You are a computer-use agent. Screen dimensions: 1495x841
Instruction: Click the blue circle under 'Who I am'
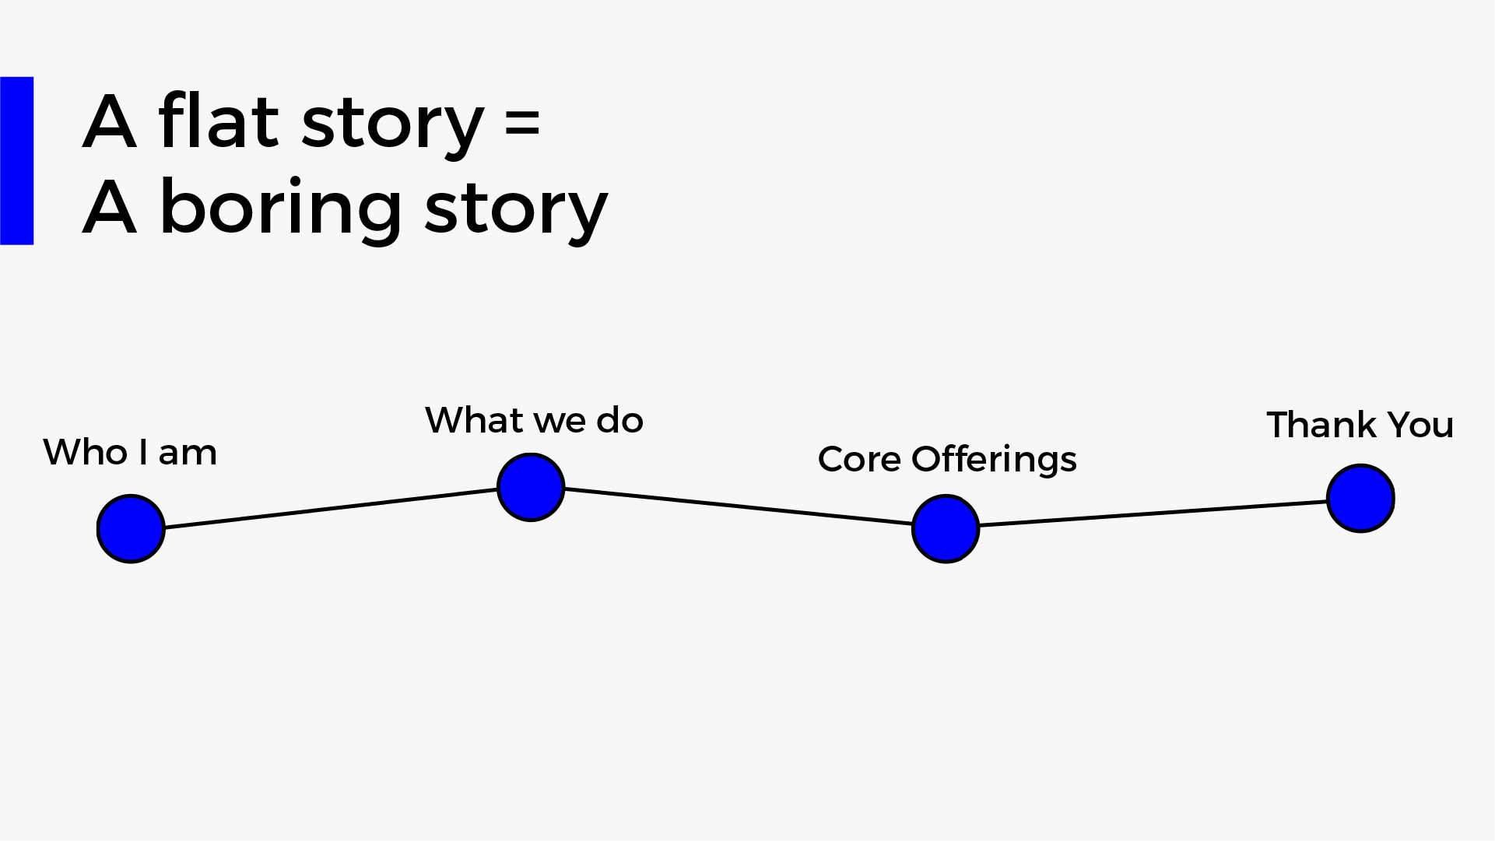pos(131,529)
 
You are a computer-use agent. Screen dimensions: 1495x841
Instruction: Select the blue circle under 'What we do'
pos(531,488)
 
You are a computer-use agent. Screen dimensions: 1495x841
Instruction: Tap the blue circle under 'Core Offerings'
pos(946,529)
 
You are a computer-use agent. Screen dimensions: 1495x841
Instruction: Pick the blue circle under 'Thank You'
pos(1360,499)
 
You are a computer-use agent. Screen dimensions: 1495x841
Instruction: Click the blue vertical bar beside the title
pos(17,161)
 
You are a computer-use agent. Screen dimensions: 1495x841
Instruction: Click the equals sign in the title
pos(522,124)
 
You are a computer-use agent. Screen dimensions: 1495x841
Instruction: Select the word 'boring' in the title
pos(281,208)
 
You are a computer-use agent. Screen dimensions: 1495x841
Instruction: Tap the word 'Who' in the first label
pos(86,452)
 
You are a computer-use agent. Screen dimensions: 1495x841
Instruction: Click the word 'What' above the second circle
pos(474,420)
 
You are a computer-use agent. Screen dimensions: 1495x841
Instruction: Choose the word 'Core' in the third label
pos(859,459)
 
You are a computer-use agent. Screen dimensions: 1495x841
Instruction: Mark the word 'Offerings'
pos(995,460)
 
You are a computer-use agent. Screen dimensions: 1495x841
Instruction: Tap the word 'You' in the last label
pos(1421,426)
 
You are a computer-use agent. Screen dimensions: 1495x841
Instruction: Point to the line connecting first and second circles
pos(331,508)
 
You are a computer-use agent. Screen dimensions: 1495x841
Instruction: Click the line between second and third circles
pos(738,506)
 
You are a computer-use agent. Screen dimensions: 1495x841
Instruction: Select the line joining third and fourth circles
pos(1153,513)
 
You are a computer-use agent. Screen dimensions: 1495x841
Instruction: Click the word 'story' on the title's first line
pos(393,127)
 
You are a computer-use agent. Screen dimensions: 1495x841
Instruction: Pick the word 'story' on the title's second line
pos(516,212)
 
